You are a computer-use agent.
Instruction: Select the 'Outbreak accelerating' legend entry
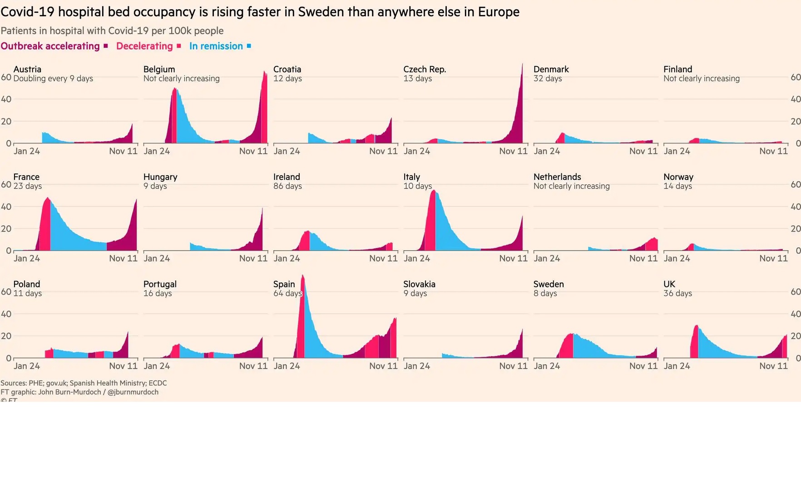(50, 46)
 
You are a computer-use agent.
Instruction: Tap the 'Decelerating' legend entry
(144, 46)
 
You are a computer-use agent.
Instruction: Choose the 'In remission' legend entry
(216, 46)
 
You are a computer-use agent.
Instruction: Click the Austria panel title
(27, 69)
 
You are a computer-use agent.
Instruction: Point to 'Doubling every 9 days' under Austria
(53, 79)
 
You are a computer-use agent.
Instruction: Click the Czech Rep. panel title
(425, 69)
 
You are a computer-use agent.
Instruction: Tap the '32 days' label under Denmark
(548, 79)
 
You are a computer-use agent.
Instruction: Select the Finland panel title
(677, 69)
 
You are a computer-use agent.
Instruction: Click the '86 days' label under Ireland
(287, 186)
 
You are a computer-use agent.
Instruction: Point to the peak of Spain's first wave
(303, 276)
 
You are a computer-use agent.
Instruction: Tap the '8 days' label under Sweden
(545, 293)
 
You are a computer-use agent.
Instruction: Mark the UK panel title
(669, 284)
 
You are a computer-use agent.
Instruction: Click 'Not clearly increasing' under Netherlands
(571, 186)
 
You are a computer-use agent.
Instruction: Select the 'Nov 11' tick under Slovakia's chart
(513, 366)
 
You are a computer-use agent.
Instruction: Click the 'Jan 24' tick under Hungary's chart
(157, 258)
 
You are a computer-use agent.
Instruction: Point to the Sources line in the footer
(84, 383)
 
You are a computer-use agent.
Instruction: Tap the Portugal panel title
(160, 284)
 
